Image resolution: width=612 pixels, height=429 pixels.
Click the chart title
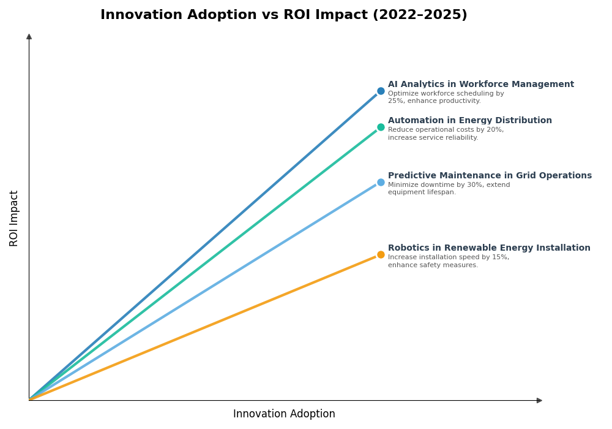coord(283,15)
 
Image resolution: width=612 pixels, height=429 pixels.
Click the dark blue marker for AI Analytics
coord(381,91)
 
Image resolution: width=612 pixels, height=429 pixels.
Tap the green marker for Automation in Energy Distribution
coord(381,127)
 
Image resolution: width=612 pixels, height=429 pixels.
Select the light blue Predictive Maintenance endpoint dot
coord(381,182)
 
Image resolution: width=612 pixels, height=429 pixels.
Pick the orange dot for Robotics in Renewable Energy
coord(381,254)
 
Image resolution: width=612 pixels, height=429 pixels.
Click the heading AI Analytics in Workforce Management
coord(480,85)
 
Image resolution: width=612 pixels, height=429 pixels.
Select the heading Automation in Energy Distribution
coord(469,121)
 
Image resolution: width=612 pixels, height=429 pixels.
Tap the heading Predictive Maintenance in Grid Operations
coord(490,176)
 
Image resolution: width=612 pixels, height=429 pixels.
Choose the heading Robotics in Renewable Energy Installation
coord(489,248)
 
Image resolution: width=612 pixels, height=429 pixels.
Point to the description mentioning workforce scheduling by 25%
coord(446,97)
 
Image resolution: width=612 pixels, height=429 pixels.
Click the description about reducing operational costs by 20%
coord(446,134)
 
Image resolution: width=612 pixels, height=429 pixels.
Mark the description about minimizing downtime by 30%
coord(449,189)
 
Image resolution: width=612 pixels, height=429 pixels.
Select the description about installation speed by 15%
coord(448,261)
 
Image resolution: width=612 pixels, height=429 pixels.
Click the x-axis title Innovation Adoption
coord(284,414)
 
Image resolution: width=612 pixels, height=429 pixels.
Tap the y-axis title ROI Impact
coord(14,218)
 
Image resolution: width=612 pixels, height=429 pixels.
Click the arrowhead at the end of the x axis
coord(539,400)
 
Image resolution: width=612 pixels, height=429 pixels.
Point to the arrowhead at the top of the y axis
coord(29,37)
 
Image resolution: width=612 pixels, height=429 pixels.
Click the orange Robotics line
coord(202,328)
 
